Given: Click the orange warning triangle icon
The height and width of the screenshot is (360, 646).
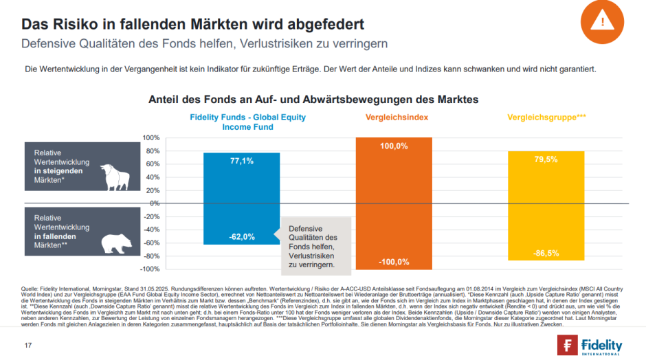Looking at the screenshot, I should coord(603,21).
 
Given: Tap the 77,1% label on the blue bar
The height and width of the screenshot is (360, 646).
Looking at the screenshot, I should coord(241,161).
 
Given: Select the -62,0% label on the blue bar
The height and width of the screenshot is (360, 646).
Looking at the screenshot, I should coord(241,237).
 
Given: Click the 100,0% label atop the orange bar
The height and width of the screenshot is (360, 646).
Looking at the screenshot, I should coord(393,146).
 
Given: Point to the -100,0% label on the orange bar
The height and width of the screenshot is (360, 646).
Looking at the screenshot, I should coord(393,262).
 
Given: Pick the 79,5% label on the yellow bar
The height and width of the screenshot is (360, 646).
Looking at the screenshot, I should coord(546,159).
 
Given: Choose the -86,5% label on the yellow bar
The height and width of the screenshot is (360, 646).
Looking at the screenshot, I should coord(546,253).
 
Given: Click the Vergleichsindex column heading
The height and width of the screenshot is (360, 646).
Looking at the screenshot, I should coord(394,117).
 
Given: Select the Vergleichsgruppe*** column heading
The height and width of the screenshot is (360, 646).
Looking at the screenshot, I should coord(546,117).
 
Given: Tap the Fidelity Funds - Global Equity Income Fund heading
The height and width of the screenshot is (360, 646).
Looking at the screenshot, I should coord(247,122).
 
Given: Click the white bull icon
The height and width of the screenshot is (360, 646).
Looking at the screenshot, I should coord(115,176).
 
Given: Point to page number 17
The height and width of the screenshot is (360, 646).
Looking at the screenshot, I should coord(28,344).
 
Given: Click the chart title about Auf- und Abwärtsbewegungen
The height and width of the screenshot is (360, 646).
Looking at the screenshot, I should coord(313,100).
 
